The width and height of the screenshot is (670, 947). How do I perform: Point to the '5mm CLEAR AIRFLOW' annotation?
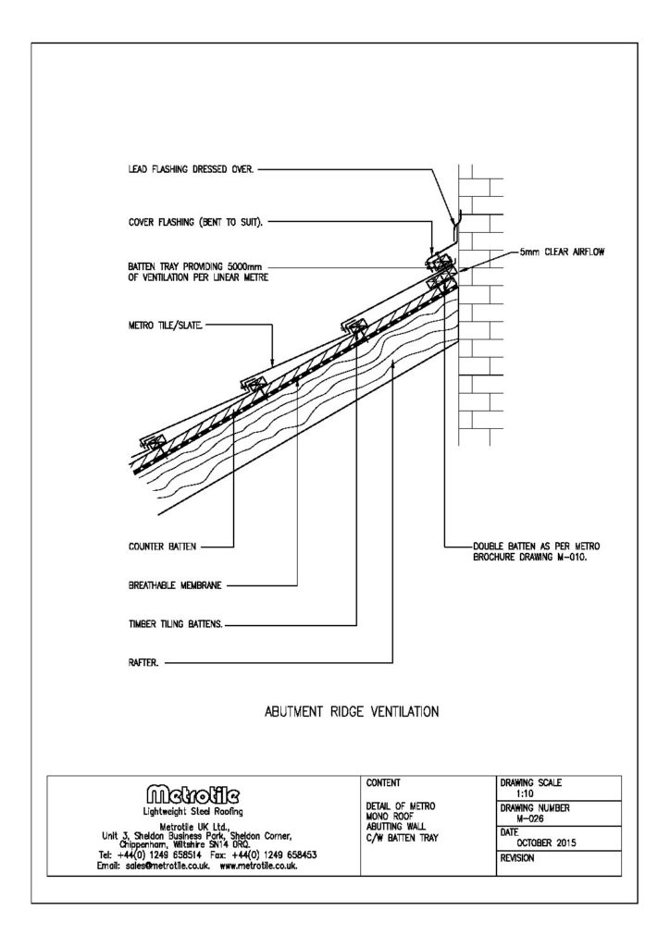point(564,252)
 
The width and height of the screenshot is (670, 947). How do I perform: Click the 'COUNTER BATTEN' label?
point(163,547)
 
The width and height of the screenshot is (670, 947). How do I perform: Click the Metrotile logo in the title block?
point(201,793)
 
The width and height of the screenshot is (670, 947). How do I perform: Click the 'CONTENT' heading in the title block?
point(383,783)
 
